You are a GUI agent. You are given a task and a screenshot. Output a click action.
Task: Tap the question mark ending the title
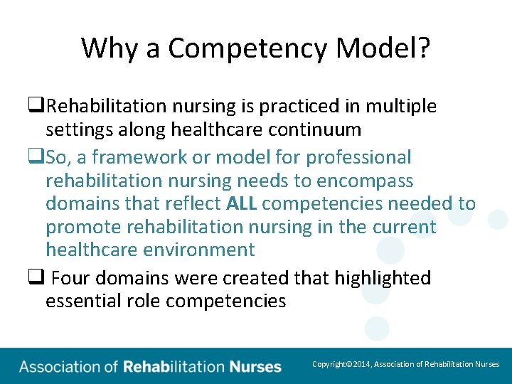423,49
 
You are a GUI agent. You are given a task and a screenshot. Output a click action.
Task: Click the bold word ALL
242,204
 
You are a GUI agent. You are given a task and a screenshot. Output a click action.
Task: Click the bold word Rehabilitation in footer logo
174,367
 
